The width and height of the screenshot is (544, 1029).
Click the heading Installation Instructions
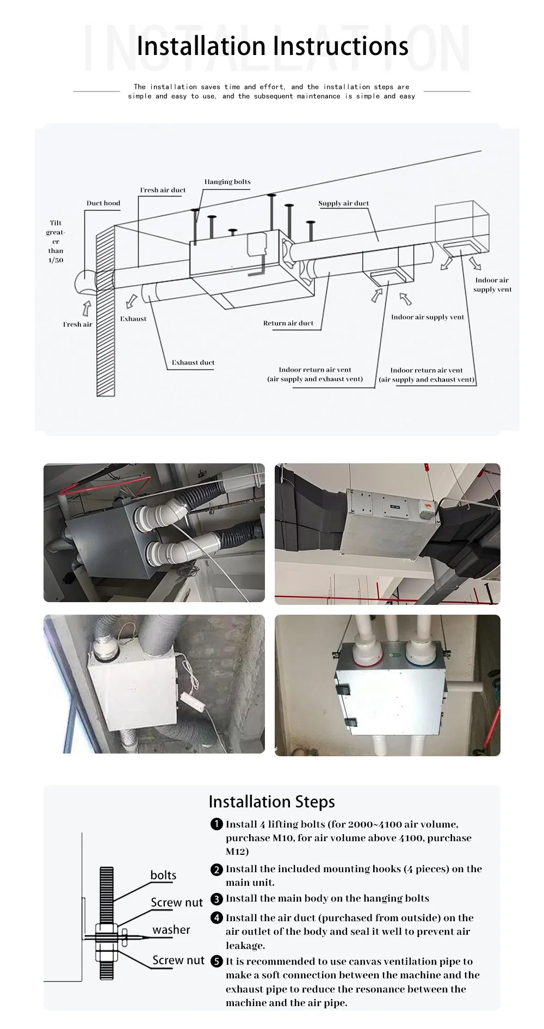coord(272,46)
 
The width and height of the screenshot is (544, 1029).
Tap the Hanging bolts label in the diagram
coord(227,182)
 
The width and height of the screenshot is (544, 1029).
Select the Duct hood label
coord(103,203)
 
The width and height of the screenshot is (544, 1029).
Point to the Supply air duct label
coord(343,203)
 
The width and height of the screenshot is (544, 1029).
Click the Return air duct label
coord(288,323)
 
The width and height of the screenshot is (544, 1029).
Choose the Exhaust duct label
coord(193,362)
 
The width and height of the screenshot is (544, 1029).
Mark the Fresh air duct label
coord(163,190)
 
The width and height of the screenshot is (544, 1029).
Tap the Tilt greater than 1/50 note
coord(55,241)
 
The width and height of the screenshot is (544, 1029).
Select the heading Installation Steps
coord(271,802)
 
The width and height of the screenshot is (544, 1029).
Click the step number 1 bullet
coord(217,824)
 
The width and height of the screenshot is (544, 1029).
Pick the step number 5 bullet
coord(217,961)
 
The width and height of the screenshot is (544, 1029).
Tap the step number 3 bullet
coord(217,899)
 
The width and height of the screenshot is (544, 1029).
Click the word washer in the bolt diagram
coord(171,929)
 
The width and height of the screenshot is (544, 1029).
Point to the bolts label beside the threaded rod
coord(163,875)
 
